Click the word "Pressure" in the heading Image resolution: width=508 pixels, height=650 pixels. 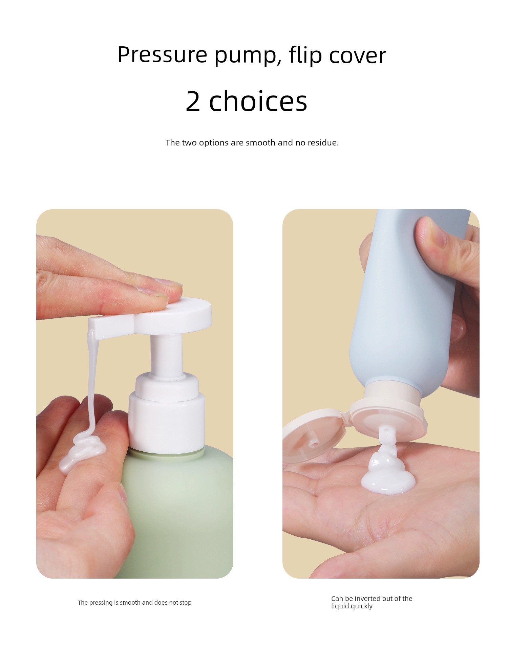pyautogui.click(x=162, y=54)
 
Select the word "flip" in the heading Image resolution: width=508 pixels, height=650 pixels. pyautogui.click(x=305, y=55)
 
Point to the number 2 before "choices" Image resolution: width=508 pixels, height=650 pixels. pyautogui.click(x=193, y=101)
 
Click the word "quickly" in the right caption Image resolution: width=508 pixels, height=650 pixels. pyautogui.click(x=362, y=606)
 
